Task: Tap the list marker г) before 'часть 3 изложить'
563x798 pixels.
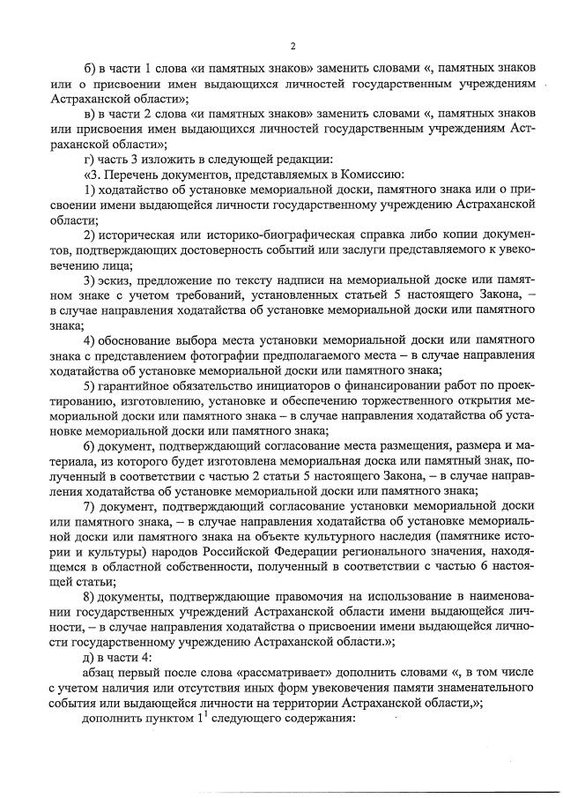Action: (x=88, y=160)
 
